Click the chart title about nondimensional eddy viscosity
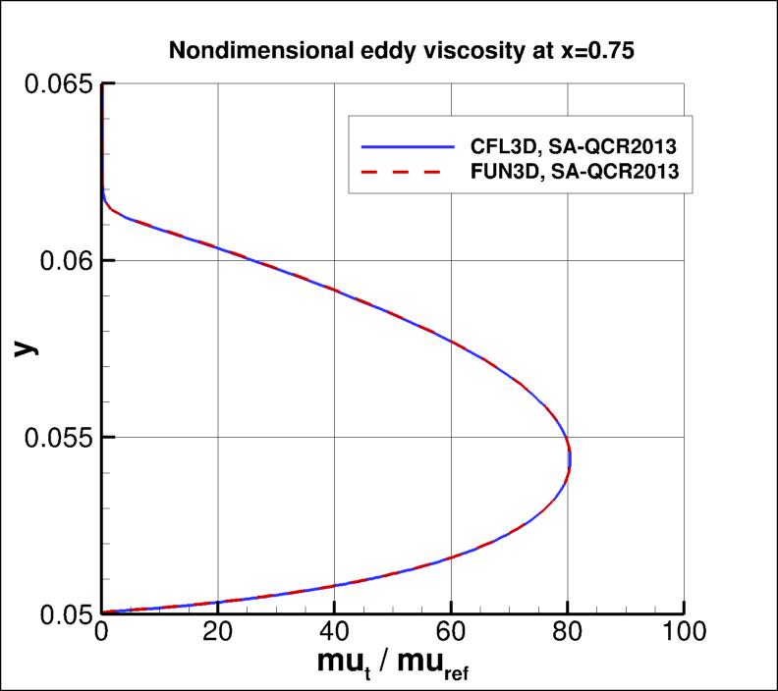click(390, 52)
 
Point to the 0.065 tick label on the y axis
click(54, 84)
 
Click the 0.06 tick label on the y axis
click(61, 261)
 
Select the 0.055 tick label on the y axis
click(54, 437)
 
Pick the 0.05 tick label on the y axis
click(61, 613)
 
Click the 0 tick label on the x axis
click(101, 635)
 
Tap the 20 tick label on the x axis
click(217, 635)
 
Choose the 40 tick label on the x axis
click(334, 635)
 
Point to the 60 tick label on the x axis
click(451, 635)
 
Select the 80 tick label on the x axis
click(567, 635)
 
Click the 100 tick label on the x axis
click(684, 635)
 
